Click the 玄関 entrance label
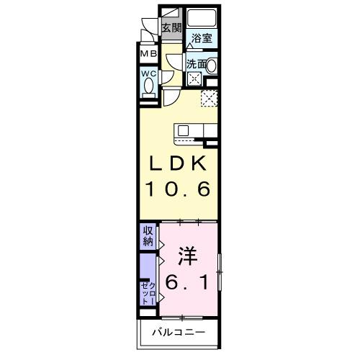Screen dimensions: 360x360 point(171,28)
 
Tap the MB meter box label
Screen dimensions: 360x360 point(148,54)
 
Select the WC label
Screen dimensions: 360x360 point(149,74)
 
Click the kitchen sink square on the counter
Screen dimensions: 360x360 point(183,130)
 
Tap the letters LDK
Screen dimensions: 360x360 point(179,163)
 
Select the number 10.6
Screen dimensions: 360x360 point(179,190)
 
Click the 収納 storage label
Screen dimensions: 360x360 point(148,236)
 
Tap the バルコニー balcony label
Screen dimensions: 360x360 point(178,332)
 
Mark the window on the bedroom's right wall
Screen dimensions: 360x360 point(219,271)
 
